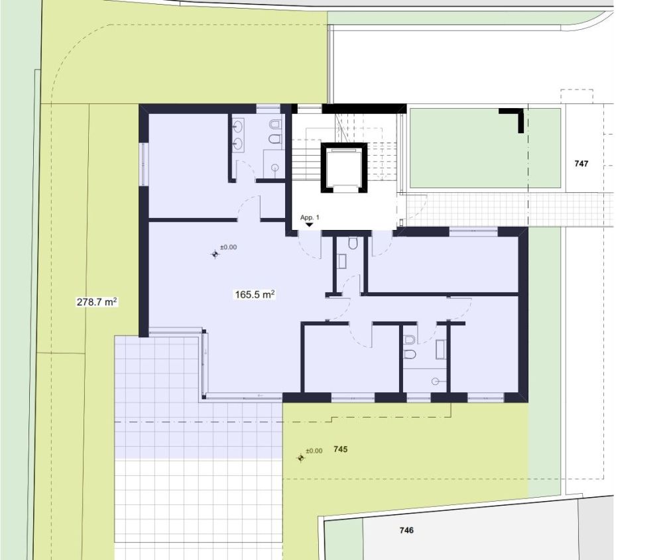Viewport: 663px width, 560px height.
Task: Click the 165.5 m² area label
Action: tap(255, 294)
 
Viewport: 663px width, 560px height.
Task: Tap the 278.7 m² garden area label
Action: tap(97, 302)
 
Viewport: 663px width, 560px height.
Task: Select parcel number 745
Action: tap(340, 449)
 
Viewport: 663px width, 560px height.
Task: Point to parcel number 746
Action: tap(406, 530)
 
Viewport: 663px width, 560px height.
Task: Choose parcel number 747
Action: tap(581, 164)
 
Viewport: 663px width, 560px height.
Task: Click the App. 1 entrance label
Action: tap(310, 217)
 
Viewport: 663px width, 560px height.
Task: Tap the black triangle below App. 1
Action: tap(310, 225)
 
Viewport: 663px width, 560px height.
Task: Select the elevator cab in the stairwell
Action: tap(343, 168)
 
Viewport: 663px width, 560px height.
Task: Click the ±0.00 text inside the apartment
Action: tap(228, 247)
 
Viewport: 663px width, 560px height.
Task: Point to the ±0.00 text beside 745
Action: tap(314, 451)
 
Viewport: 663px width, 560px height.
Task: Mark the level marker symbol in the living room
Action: tap(215, 254)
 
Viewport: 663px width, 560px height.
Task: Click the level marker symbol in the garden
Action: tap(300, 458)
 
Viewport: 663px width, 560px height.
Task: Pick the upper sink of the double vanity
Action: tap(237, 125)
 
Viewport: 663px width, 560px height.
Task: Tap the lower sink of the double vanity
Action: tap(237, 143)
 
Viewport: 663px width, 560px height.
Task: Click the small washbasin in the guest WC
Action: tap(342, 261)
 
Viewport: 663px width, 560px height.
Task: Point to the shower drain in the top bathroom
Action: tap(276, 168)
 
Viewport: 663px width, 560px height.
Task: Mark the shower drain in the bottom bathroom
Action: tap(435, 381)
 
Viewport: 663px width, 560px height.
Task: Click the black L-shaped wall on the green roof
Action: tap(513, 119)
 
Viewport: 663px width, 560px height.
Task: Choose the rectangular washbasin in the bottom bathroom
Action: tap(441, 349)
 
